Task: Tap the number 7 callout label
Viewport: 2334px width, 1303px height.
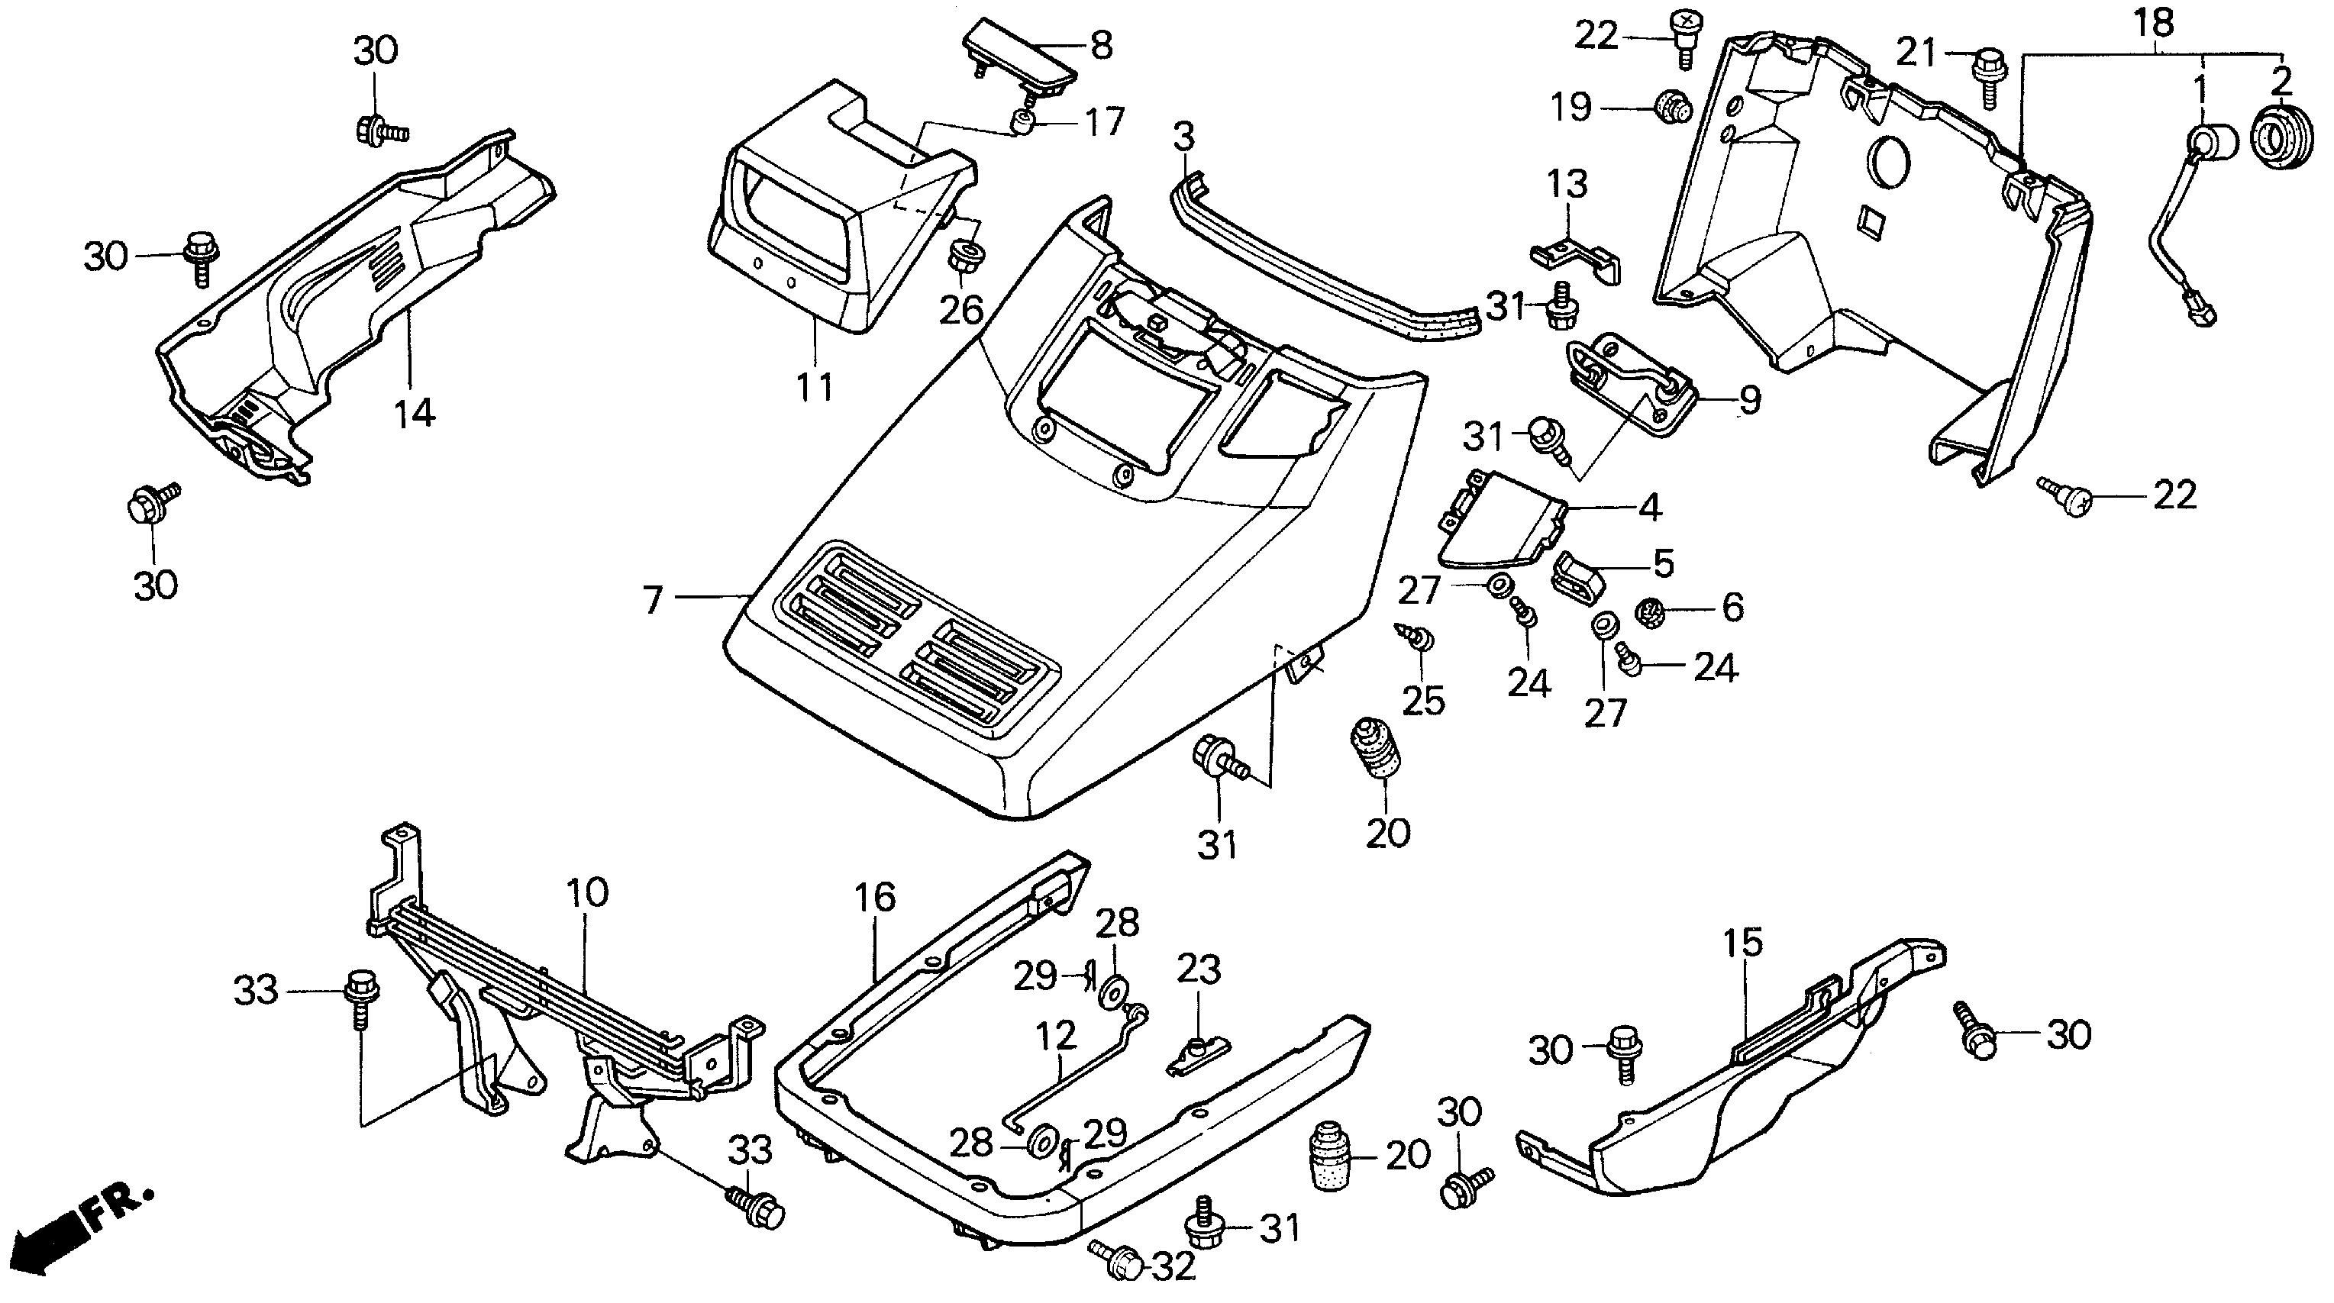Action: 654,600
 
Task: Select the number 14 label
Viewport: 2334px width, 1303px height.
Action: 414,414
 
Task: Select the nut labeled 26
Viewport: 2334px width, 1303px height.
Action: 966,253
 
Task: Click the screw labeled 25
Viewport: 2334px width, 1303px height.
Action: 1419,638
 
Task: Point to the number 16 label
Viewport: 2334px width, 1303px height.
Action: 874,897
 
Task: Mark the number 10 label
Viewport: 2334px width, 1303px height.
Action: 587,892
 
